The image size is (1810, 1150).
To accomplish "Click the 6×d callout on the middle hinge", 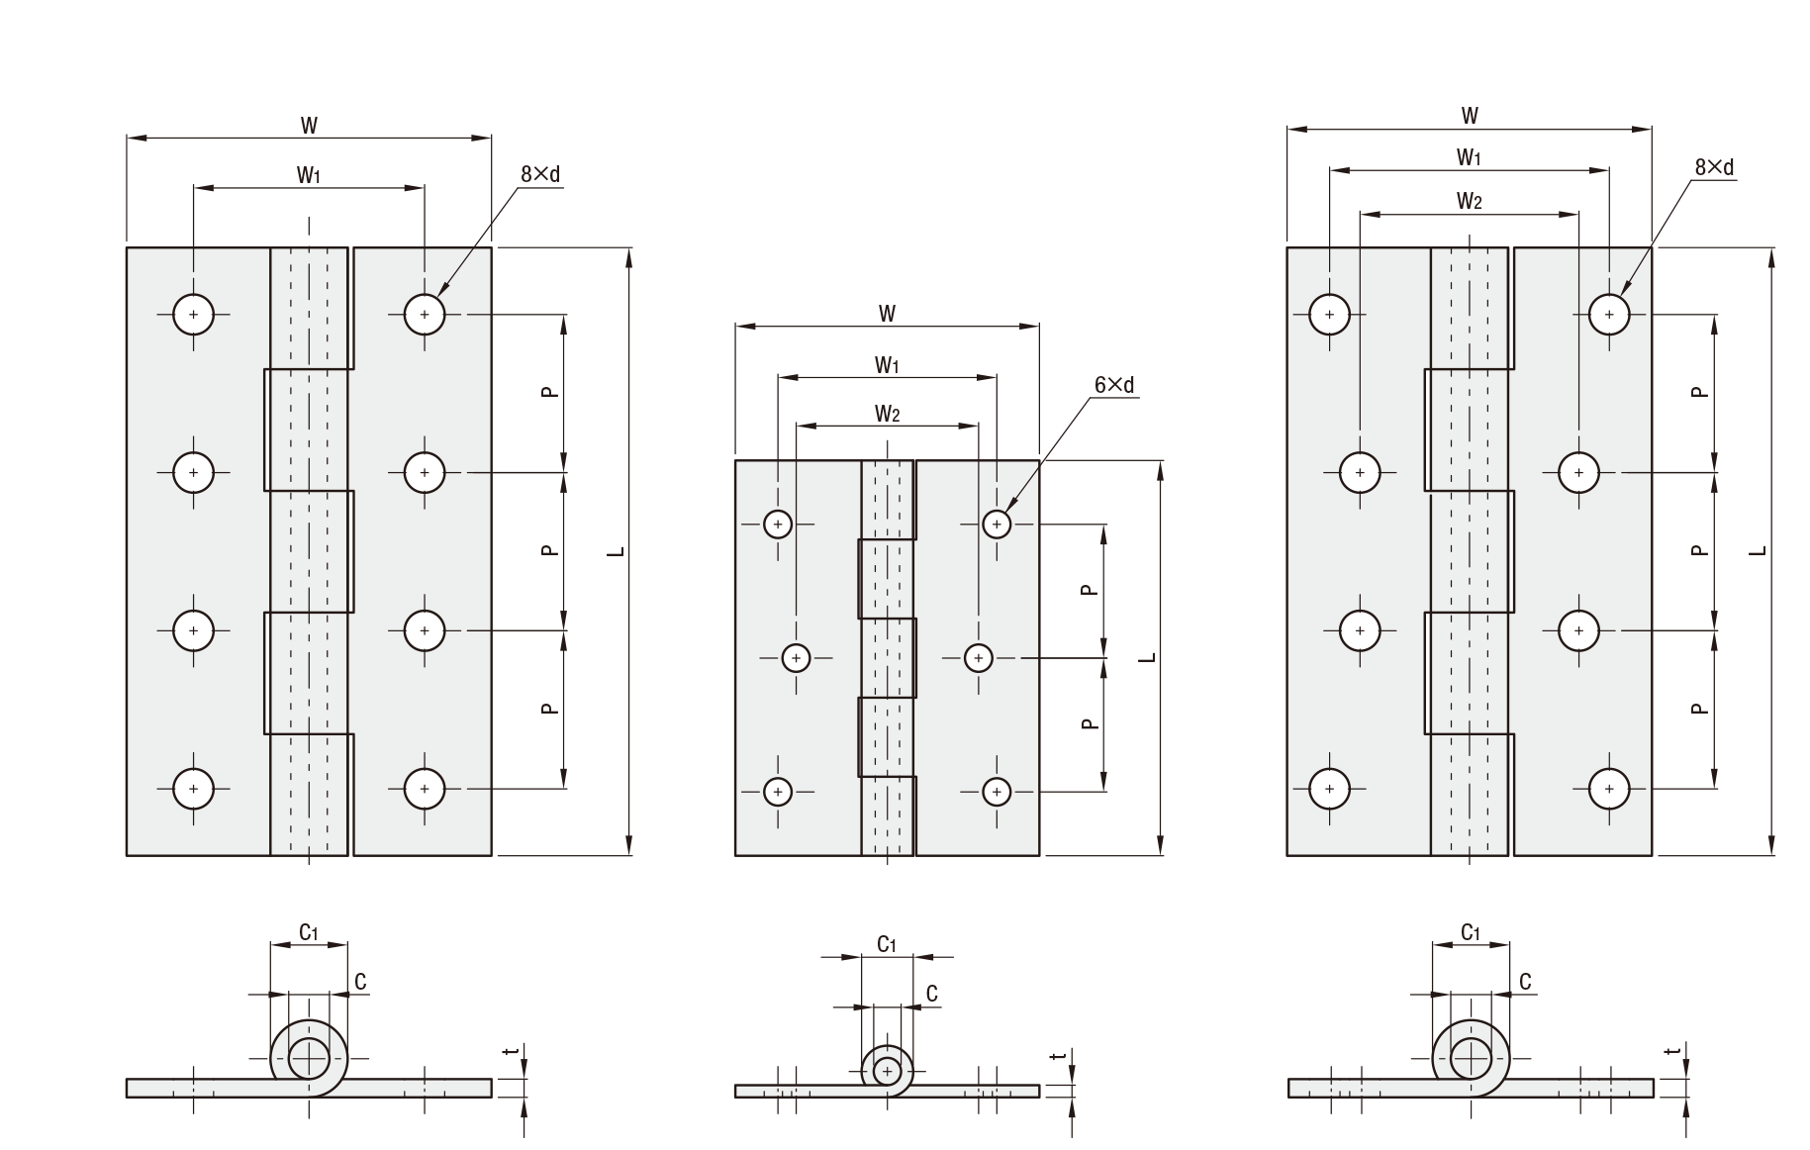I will [x=1114, y=385].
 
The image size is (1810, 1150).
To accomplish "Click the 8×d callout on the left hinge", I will [x=540, y=174].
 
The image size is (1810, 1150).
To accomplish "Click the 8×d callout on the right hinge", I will [x=1714, y=167].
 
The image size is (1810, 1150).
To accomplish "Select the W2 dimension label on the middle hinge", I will [x=887, y=414].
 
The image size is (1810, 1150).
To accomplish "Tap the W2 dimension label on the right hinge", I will [x=1469, y=202].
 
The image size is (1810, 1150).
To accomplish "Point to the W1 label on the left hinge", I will [x=309, y=175].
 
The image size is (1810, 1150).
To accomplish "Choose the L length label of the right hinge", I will [x=1758, y=550].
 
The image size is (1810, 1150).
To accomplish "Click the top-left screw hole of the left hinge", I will [x=193, y=315].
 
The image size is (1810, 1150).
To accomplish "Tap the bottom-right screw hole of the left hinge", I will [x=425, y=789].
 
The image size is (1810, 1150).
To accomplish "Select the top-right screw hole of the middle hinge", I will [x=997, y=524].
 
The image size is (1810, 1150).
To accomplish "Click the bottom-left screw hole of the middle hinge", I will [x=778, y=791].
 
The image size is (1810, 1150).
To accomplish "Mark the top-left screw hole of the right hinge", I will [x=1329, y=315].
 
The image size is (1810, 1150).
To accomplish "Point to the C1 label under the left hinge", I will [x=309, y=931].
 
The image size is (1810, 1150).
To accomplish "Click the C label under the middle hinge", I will [x=931, y=994].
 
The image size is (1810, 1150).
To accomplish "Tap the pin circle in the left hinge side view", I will [x=309, y=1059].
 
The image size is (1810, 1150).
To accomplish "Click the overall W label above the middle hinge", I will [x=887, y=314].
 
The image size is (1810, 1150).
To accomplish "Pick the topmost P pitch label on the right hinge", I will [x=1699, y=392].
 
